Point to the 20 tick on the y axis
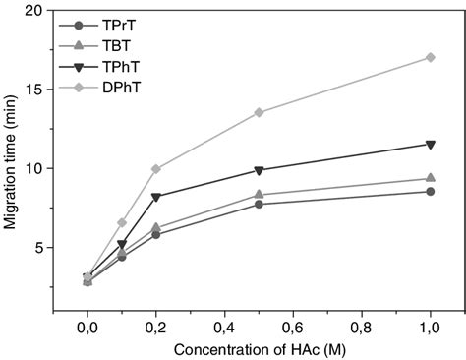(41, 10)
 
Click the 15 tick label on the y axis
(41, 90)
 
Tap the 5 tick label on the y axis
(45, 248)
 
